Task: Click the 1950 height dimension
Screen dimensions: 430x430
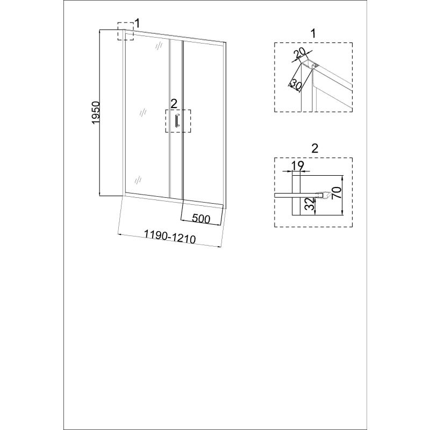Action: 96,112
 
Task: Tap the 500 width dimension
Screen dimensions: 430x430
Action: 201,219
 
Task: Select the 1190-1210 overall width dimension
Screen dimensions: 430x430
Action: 170,236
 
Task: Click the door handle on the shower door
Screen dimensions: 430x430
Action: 177,120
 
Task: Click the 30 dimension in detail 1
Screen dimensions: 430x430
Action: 296,84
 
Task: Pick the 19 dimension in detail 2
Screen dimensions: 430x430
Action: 297,166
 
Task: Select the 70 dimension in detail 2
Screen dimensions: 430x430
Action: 337,192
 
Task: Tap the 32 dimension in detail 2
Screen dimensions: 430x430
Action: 310,204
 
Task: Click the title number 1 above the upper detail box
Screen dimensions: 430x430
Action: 313,34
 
